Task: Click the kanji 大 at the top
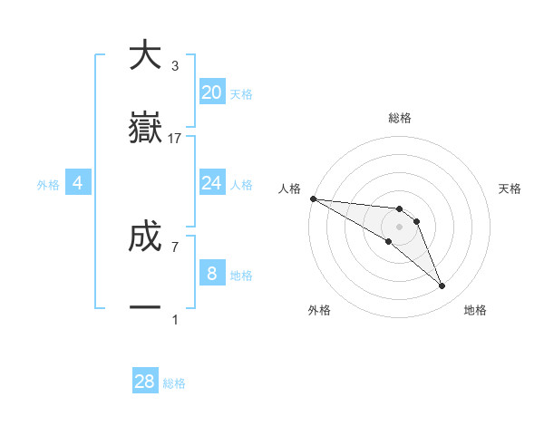(x=145, y=55)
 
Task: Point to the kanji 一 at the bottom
(x=145, y=308)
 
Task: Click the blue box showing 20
(x=212, y=92)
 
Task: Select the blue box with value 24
(x=212, y=183)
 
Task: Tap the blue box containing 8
(x=212, y=274)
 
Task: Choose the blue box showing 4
(x=78, y=183)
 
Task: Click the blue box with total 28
(x=145, y=382)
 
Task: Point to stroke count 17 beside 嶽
(x=175, y=139)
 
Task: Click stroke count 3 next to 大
(x=175, y=66)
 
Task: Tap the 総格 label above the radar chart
(x=399, y=118)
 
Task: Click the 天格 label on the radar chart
(x=510, y=189)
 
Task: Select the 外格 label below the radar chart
(x=319, y=310)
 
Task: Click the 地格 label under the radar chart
(x=475, y=310)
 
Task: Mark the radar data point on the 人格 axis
(x=313, y=198)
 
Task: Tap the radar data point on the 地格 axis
(x=442, y=286)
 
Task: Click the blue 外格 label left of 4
(x=48, y=184)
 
